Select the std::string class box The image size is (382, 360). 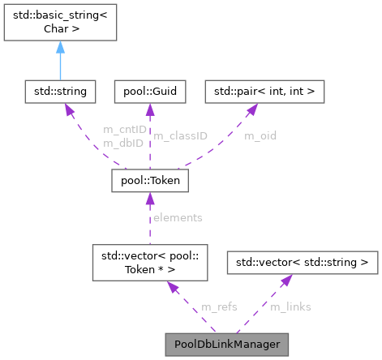click(59, 91)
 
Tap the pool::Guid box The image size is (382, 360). click(150, 91)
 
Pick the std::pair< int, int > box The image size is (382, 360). click(264, 91)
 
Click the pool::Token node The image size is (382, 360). click(150, 182)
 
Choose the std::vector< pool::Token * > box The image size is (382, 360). click(150, 265)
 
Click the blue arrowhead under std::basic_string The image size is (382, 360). click(59, 49)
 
